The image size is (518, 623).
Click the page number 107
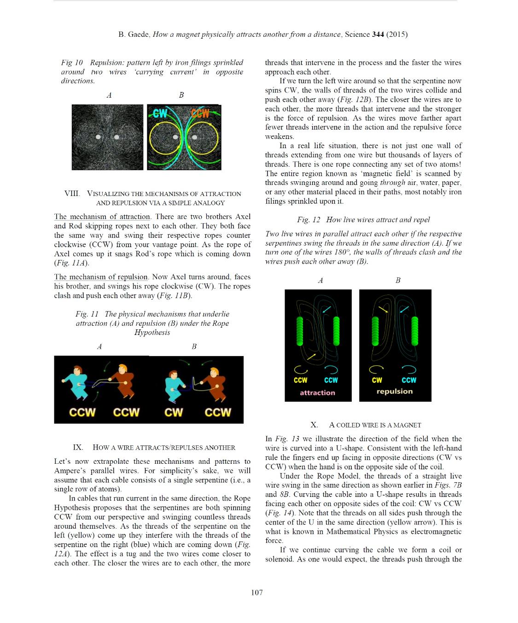pos(257,592)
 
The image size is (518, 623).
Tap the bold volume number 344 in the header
pos(378,34)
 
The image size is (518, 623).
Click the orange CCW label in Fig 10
pos(200,113)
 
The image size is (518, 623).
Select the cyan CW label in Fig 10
pos(160,113)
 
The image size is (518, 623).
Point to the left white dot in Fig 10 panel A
pos(98,137)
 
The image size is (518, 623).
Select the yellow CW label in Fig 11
pos(174,412)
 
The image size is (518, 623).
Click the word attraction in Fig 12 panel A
pos(317,392)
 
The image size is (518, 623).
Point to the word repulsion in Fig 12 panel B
pos(395,391)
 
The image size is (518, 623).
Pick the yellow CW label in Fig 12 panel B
pos(377,380)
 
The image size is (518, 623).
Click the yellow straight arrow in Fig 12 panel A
pos(311,357)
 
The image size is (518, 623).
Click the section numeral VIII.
pos(72,193)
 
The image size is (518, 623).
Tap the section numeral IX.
pos(78,447)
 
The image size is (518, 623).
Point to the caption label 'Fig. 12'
pos(308,219)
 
